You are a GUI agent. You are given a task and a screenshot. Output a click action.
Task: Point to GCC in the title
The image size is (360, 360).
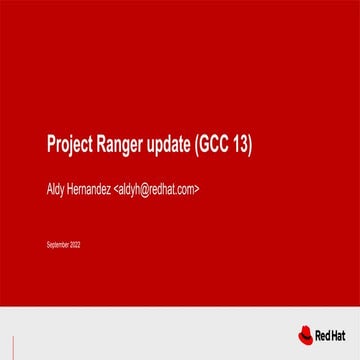(x=218, y=144)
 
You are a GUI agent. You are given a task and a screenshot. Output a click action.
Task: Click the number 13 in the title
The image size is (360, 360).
(x=243, y=144)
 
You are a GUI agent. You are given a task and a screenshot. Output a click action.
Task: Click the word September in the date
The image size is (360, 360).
(x=57, y=244)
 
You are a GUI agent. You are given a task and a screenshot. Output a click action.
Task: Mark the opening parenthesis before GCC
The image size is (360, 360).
(x=201, y=145)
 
